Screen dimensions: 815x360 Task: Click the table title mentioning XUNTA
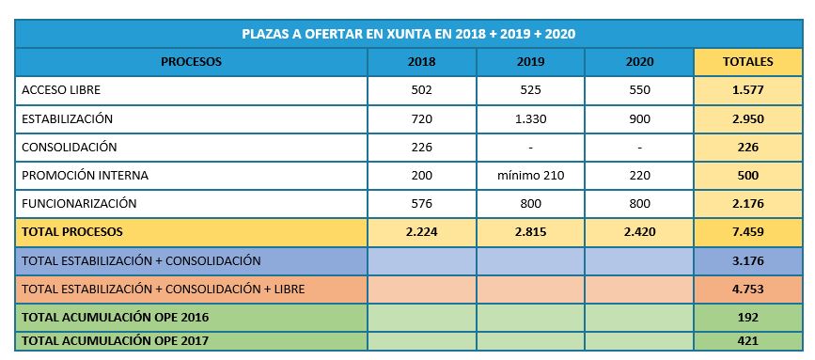click(x=409, y=34)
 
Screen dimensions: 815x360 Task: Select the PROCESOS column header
click(x=191, y=62)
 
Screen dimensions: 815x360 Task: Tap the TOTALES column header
click(x=748, y=62)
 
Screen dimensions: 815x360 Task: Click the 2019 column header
click(x=531, y=62)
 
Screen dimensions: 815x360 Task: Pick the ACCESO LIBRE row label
click(x=61, y=90)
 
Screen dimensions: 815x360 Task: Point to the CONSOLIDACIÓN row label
click(x=70, y=147)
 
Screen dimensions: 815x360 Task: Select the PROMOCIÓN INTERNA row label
click(x=85, y=175)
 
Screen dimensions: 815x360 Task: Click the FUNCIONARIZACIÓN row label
click(x=79, y=203)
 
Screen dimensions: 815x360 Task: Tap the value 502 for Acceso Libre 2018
click(x=421, y=90)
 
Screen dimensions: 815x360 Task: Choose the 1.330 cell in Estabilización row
click(x=531, y=119)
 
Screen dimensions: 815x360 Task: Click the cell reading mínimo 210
click(x=531, y=176)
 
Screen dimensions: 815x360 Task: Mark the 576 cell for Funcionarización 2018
click(x=421, y=204)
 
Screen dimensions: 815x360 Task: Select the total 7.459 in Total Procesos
click(x=748, y=231)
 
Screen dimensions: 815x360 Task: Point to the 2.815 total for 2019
click(x=531, y=231)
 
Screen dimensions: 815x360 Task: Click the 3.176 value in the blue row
click(x=748, y=260)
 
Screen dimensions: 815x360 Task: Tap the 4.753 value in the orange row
click(x=748, y=289)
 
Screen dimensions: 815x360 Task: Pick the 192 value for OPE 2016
click(x=748, y=318)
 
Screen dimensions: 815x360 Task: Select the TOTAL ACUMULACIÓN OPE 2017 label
click(x=115, y=341)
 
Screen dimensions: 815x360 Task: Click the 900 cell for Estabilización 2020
click(x=639, y=119)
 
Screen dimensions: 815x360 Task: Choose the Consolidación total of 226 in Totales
click(x=748, y=148)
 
